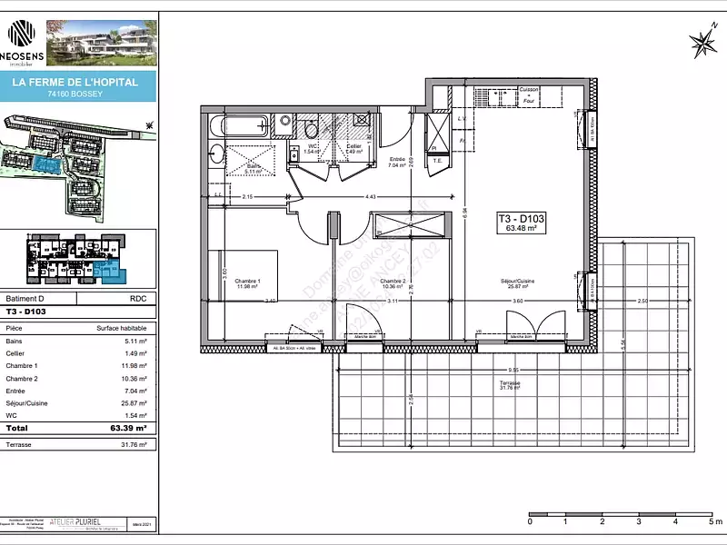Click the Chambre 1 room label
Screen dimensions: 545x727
247,284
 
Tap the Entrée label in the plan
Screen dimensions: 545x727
396,163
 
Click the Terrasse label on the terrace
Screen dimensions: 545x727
509,386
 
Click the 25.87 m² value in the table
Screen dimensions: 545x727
110,402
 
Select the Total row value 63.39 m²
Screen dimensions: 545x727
110,427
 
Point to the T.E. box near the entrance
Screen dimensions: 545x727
436,161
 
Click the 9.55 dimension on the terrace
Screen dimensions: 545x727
513,371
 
